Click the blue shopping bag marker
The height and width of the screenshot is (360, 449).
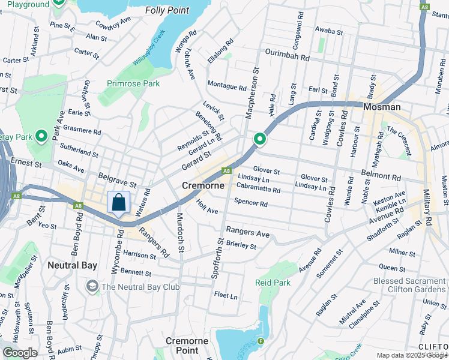pyautogui.click(x=119, y=202)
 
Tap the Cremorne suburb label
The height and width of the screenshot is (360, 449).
pyautogui.click(x=203, y=186)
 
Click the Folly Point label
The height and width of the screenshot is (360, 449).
pyautogui.click(x=167, y=10)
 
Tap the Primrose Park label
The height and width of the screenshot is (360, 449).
pyautogui.click(x=133, y=83)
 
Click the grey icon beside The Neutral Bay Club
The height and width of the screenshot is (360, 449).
pyautogui.click(x=92, y=286)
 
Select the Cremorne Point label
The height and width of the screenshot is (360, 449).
pyautogui.click(x=187, y=346)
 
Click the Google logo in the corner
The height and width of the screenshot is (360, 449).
pyautogui.click(x=20, y=353)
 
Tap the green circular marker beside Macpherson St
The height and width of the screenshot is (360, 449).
pyautogui.click(x=260, y=139)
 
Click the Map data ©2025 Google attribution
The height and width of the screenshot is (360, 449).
pyautogui.click(x=411, y=355)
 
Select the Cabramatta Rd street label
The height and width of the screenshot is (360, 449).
pyautogui.click(x=259, y=190)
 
